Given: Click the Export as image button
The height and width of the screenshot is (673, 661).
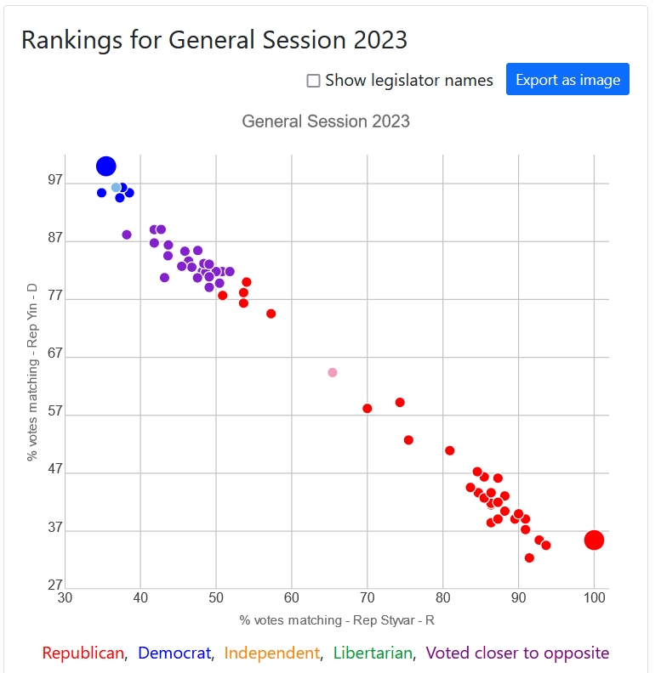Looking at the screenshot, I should click(567, 80).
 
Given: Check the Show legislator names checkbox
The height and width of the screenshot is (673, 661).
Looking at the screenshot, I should click(313, 81).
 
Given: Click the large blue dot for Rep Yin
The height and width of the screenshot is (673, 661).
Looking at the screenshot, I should click(106, 167).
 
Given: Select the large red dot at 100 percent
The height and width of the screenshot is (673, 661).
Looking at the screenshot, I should click(595, 540).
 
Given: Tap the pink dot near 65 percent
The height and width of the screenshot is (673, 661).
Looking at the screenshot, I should click(333, 372).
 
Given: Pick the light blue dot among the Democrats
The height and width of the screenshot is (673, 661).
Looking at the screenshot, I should click(116, 187).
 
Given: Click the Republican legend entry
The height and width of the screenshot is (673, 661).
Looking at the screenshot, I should click(83, 653).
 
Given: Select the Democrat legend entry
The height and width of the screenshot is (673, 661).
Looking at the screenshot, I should click(174, 653).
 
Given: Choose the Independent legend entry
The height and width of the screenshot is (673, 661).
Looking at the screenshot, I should click(272, 653).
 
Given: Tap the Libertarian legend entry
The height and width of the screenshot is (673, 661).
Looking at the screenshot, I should click(373, 653).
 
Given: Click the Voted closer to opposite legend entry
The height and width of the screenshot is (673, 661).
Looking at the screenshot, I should click(517, 653).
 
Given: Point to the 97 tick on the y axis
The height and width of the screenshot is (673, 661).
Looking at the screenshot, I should click(55, 181).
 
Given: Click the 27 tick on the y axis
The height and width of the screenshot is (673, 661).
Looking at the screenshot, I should click(55, 585).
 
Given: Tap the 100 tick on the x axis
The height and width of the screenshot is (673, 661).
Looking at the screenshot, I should click(594, 599).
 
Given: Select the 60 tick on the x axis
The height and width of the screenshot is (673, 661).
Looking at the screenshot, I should click(292, 599).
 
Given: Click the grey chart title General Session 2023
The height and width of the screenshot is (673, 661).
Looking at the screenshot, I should click(326, 122).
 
